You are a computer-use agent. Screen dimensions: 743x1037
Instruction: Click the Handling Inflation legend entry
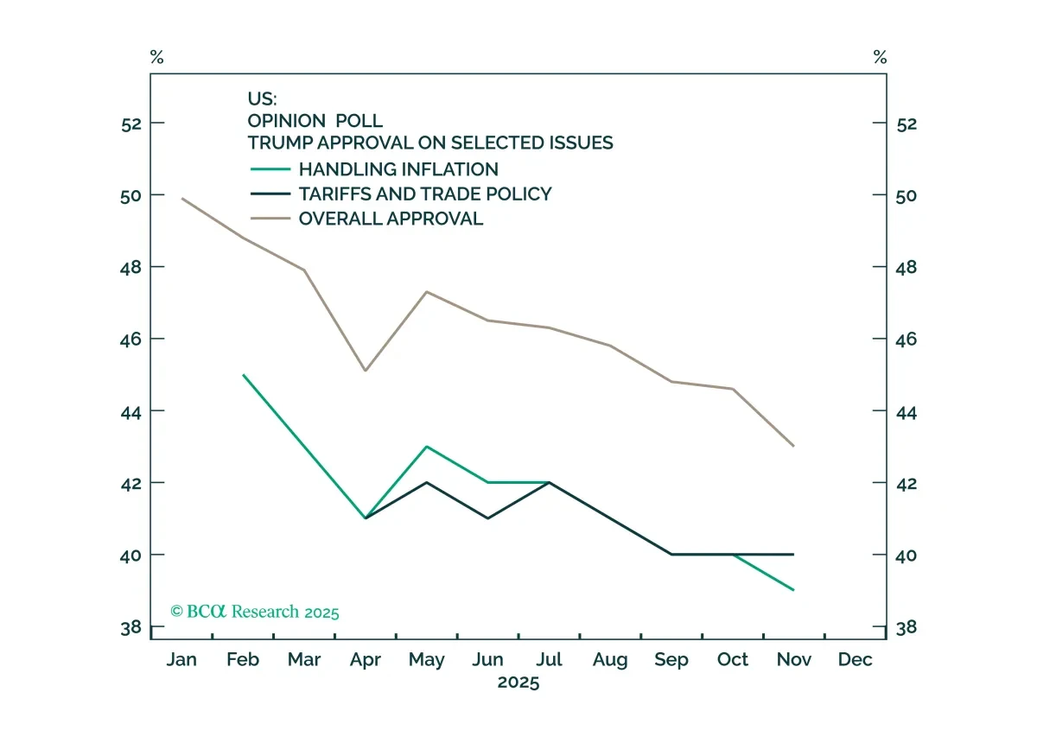pyautogui.click(x=398, y=169)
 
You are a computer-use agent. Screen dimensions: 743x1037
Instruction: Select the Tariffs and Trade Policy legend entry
pyautogui.click(x=424, y=194)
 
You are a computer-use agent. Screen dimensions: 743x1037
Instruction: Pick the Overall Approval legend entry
pyautogui.click(x=391, y=219)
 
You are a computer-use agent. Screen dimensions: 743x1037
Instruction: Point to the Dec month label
pyautogui.click(x=856, y=660)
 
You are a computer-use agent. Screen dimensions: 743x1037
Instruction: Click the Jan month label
pyautogui.click(x=181, y=660)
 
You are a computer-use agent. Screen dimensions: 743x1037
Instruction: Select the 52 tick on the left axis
pyautogui.click(x=130, y=124)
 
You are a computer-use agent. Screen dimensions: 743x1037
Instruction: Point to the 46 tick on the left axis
pyautogui.click(x=130, y=339)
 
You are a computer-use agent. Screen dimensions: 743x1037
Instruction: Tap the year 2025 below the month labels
pyautogui.click(x=518, y=683)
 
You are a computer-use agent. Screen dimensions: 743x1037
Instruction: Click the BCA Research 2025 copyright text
pyautogui.click(x=255, y=612)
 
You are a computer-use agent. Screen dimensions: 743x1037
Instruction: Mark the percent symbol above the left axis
pyautogui.click(x=156, y=58)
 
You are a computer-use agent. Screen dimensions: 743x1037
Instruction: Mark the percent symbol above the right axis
pyautogui.click(x=880, y=58)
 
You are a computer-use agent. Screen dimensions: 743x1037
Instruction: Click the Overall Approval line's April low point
pyautogui.click(x=366, y=371)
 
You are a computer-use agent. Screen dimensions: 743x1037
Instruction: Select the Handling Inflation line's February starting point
pyautogui.click(x=244, y=375)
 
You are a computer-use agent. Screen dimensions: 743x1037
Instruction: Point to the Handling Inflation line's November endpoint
pyautogui.click(x=793, y=590)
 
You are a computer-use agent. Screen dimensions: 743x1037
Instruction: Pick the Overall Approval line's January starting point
pyautogui.click(x=182, y=199)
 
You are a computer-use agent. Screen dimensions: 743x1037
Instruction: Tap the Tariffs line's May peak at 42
pyautogui.click(x=427, y=482)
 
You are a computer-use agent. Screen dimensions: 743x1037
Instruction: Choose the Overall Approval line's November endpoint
pyautogui.click(x=793, y=446)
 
